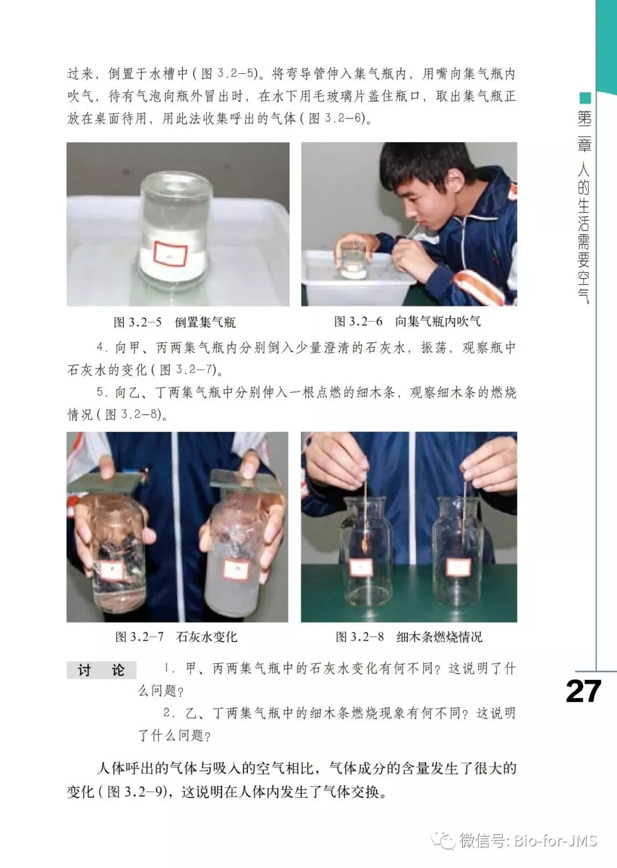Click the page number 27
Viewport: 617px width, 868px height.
click(x=583, y=691)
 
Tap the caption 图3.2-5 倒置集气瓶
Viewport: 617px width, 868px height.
click(x=175, y=322)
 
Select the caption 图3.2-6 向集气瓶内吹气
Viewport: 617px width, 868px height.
click(x=407, y=321)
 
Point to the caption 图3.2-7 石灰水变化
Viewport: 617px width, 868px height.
click(x=176, y=636)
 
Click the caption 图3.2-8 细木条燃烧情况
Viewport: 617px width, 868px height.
click(x=409, y=636)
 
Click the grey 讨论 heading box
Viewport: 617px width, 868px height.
click(x=102, y=670)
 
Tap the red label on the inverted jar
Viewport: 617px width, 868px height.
click(x=170, y=254)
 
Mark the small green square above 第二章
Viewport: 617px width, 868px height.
click(x=585, y=98)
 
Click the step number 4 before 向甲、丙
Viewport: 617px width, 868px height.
click(x=101, y=347)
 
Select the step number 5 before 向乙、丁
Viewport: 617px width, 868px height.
click(x=101, y=392)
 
